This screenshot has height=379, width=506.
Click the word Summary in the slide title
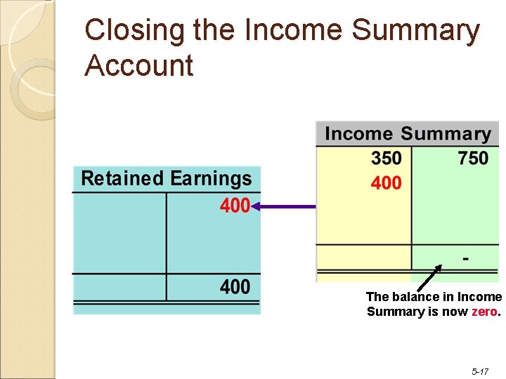415,32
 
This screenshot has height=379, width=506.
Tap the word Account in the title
138,66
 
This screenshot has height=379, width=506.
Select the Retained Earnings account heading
166,178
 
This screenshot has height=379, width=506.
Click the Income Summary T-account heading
408,134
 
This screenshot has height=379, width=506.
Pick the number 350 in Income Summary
387,159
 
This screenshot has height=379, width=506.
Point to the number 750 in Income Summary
473,159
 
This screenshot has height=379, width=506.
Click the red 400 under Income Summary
387,183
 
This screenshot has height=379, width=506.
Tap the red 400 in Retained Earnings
235,206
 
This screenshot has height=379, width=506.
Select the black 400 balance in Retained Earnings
235,286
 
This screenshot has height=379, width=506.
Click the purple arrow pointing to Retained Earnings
284,206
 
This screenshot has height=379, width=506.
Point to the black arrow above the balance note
429,277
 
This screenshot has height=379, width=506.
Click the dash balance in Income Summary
466,258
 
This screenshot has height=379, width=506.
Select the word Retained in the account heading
122,178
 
